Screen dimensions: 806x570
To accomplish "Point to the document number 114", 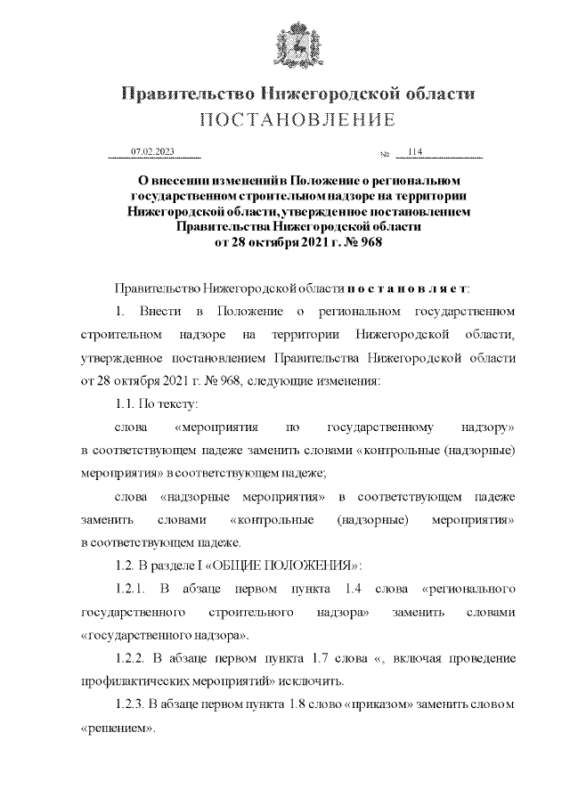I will tap(414, 152).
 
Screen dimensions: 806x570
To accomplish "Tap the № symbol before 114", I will tap(385, 155).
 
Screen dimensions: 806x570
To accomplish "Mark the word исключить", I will tap(313, 682).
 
